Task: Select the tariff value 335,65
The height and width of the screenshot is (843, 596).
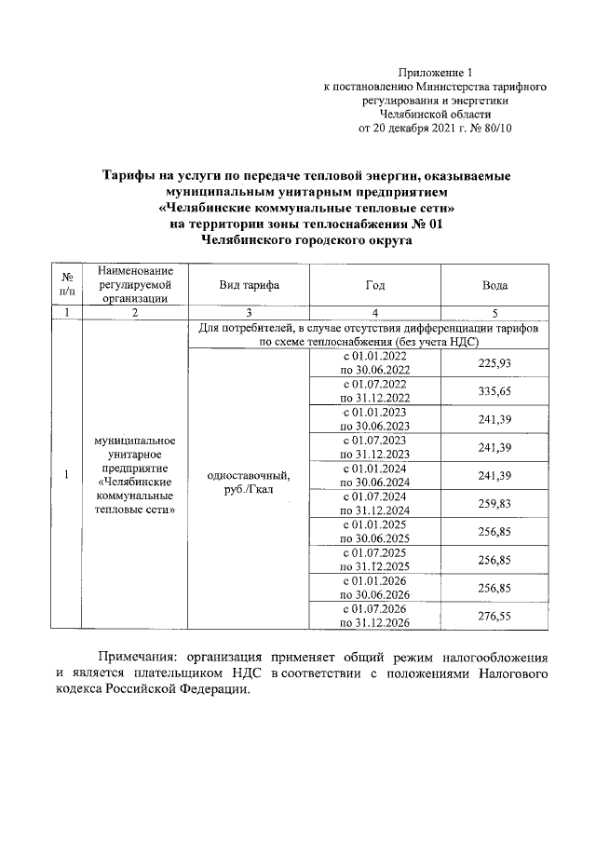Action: click(494, 391)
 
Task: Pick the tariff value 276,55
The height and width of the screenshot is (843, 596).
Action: click(494, 616)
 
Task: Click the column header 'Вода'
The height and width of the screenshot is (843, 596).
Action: click(494, 285)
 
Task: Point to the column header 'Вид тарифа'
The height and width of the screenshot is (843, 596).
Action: click(249, 285)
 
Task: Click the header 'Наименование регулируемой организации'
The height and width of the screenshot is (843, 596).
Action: click(136, 285)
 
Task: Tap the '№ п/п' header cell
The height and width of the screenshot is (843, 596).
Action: click(68, 285)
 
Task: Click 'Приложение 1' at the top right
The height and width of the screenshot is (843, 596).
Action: click(436, 72)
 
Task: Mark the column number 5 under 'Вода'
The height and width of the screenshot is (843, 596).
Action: click(494, 313)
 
